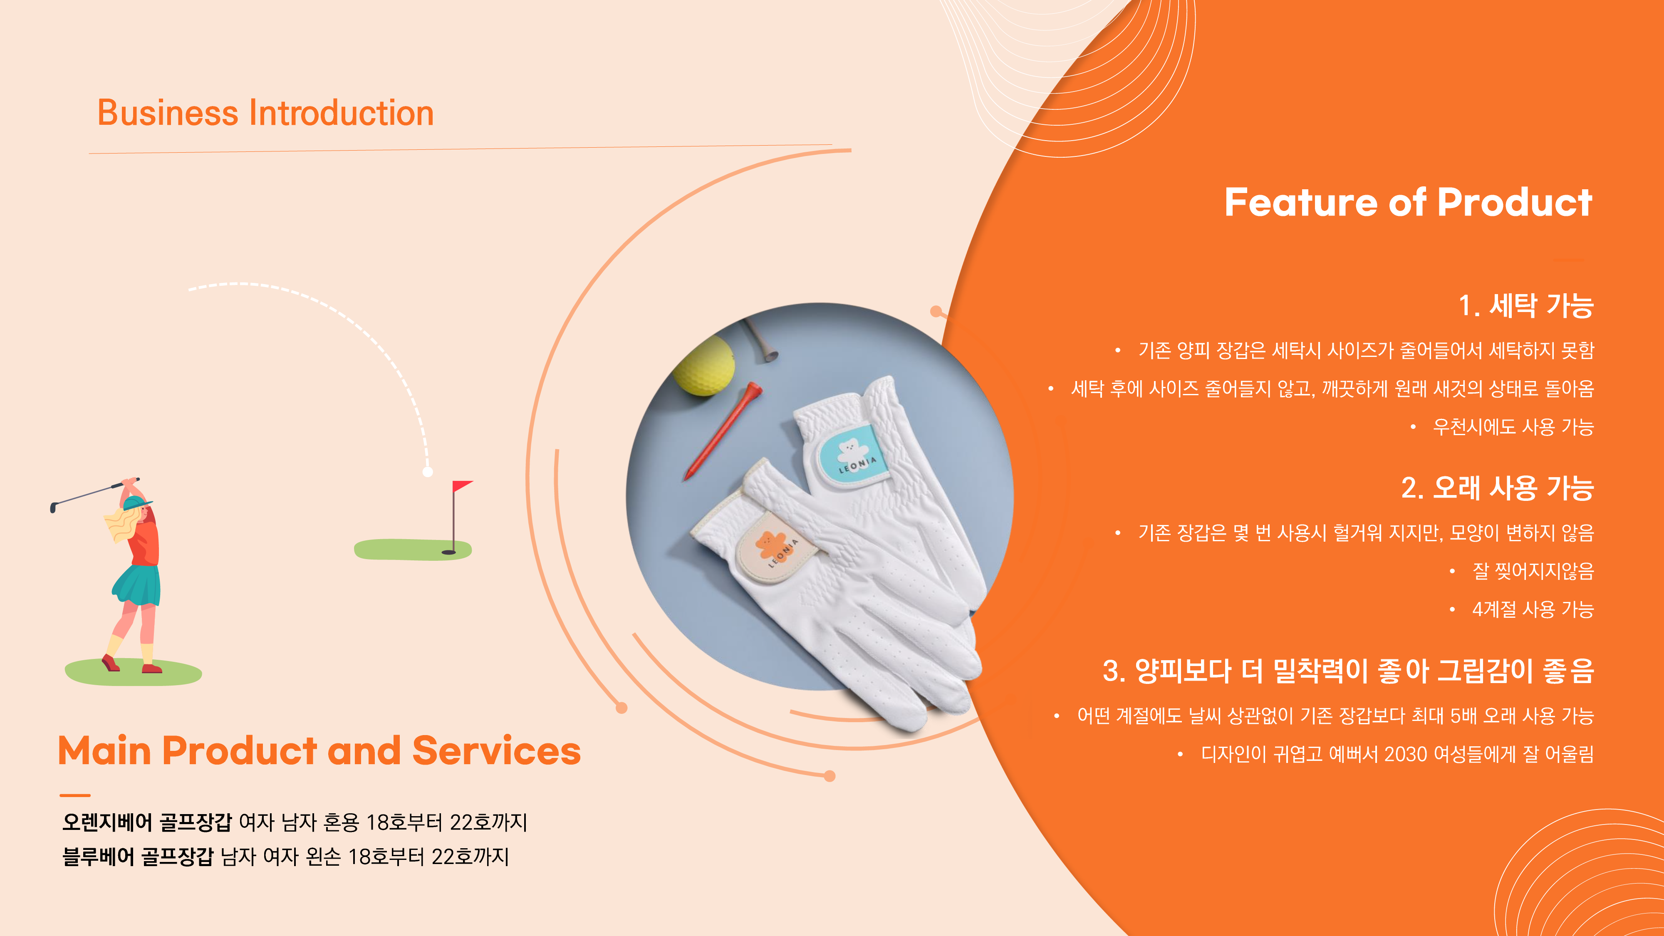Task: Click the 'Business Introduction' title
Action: [265, 113]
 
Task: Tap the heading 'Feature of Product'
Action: [1408, 202]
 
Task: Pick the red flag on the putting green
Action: [462, 486]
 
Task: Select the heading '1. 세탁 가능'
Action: [1526, 305]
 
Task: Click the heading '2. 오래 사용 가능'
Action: [1497, 488]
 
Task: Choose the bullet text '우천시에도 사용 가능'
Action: [1513, 427]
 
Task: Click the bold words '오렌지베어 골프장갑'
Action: [146, 822]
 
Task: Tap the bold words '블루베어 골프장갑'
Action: [138, 857]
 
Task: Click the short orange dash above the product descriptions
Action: [75, 795]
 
